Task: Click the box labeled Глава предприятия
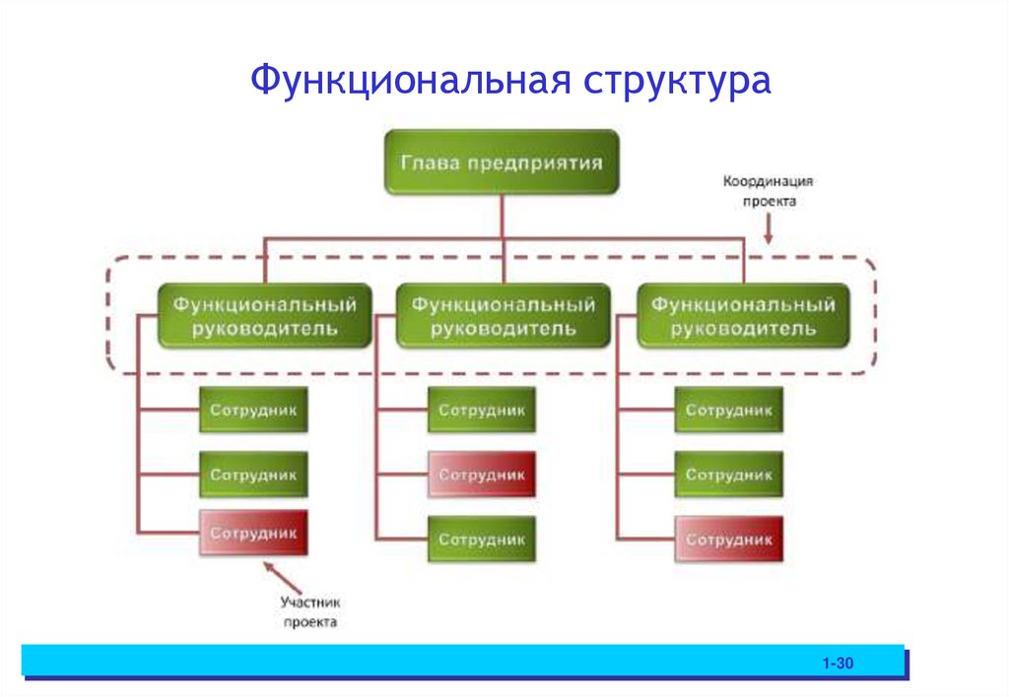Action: pos(502,161)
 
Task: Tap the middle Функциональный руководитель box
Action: pos(503,316)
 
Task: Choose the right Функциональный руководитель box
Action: pos(743,316)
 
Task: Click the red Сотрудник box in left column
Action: pos(253,535)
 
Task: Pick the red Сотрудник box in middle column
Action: pos(482,475)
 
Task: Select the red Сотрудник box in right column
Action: pos(729,539)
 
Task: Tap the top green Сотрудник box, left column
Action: pos(253,410)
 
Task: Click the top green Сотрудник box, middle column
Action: pos(482,410)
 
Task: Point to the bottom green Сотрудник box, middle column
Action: pos(482,539)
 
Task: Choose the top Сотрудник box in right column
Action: pos(729,410)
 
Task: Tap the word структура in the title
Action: pos(677,82)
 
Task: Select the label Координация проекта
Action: pos(767,191)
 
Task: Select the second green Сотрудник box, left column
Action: pos(253,475)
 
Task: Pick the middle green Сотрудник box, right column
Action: pos(729,475)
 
